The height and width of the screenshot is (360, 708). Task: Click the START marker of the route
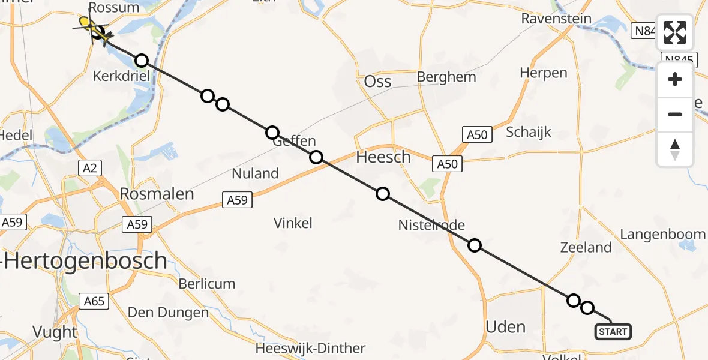coord(613,331)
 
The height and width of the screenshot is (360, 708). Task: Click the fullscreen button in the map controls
coord(675,32)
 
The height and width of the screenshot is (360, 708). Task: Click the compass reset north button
coord(675,149)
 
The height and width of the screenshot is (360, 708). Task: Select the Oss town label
coord(378,82)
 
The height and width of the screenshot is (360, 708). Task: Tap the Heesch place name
coord(383,158)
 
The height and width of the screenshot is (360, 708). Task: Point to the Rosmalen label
coord(157,194)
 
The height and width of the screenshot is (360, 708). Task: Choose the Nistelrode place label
coord(431,225)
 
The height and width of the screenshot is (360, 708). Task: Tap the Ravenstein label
coord(556,19)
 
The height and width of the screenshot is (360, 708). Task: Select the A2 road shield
coord(90,168)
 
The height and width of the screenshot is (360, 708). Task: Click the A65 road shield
coord(94,301)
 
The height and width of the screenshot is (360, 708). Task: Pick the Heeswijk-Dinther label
coord(310,348)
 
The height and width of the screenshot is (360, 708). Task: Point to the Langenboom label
coord(662,234)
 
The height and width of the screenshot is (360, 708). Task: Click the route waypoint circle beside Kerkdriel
coord(141,61)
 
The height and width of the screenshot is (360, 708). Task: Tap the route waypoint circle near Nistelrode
coord(475,245)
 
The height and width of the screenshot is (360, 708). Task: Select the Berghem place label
coord(446,77)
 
